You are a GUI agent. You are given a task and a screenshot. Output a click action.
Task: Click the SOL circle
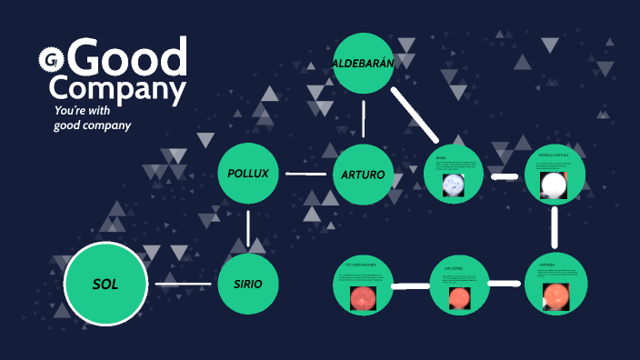105,284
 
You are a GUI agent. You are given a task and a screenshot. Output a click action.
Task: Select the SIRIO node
247,284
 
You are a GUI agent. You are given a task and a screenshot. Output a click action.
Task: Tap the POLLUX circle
248,173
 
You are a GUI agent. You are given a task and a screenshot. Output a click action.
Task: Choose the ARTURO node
363,174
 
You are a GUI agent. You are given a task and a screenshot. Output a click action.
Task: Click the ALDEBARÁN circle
363,63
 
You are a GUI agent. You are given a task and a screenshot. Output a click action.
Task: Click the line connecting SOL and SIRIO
183,285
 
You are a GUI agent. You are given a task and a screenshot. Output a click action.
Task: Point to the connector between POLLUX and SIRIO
248,228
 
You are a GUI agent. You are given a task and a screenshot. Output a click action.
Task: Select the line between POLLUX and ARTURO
305,174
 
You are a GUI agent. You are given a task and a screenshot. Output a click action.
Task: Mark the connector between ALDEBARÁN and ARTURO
364,118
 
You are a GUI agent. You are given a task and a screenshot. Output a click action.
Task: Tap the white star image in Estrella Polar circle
553,186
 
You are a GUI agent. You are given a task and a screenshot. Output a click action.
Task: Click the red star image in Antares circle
554,296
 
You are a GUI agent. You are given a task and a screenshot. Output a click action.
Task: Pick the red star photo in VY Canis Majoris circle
362,298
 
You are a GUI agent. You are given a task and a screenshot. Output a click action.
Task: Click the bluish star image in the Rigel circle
454,186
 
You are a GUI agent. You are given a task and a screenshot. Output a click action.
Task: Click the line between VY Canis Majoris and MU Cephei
410,285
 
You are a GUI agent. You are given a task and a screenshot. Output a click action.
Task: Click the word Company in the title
117,88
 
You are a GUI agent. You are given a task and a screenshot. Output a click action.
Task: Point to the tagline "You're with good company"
92,117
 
